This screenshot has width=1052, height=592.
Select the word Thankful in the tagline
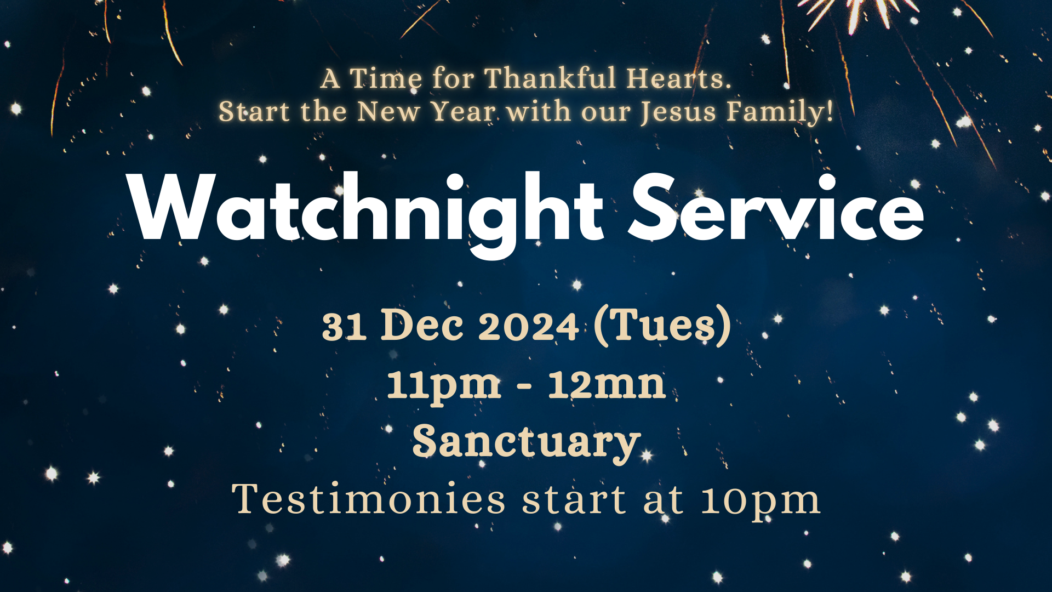550,78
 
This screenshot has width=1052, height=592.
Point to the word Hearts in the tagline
679,78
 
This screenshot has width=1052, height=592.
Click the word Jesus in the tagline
678,112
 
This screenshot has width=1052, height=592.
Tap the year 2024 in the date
529,327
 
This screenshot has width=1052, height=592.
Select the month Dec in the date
422,325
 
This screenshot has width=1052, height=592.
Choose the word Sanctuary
526,442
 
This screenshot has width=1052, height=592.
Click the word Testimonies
369,499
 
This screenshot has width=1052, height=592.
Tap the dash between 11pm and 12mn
524,386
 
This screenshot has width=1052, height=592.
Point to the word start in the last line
574,500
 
